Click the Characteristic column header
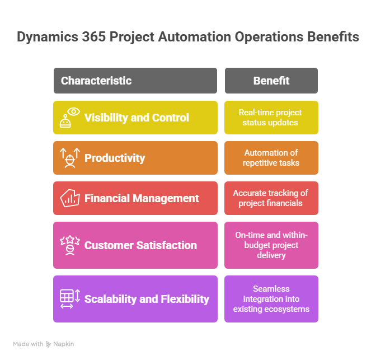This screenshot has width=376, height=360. coord(96,81)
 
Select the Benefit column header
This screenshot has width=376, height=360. coord(271,81)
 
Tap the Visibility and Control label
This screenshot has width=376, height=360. coord(137,118)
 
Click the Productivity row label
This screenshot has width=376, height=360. coord(115,158)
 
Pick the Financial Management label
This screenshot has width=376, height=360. coord(142,198)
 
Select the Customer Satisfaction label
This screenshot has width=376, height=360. coord(140,245)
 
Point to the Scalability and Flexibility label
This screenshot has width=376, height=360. coord(147,299)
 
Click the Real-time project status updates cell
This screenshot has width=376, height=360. coord(271,118)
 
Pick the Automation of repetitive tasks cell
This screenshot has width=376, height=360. coord(271,158)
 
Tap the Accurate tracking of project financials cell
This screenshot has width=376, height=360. coord(271,198)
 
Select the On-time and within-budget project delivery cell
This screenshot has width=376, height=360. coord(271,245)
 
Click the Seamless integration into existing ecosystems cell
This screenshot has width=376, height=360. coord(271,299)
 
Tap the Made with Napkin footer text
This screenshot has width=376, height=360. coord(44,344)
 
